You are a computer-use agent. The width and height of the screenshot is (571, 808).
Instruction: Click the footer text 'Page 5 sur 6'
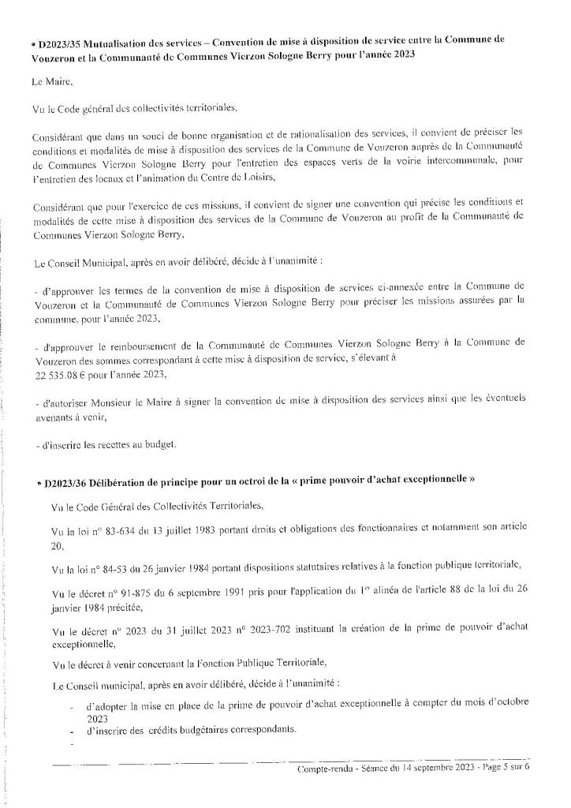click(x=502, y=769)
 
